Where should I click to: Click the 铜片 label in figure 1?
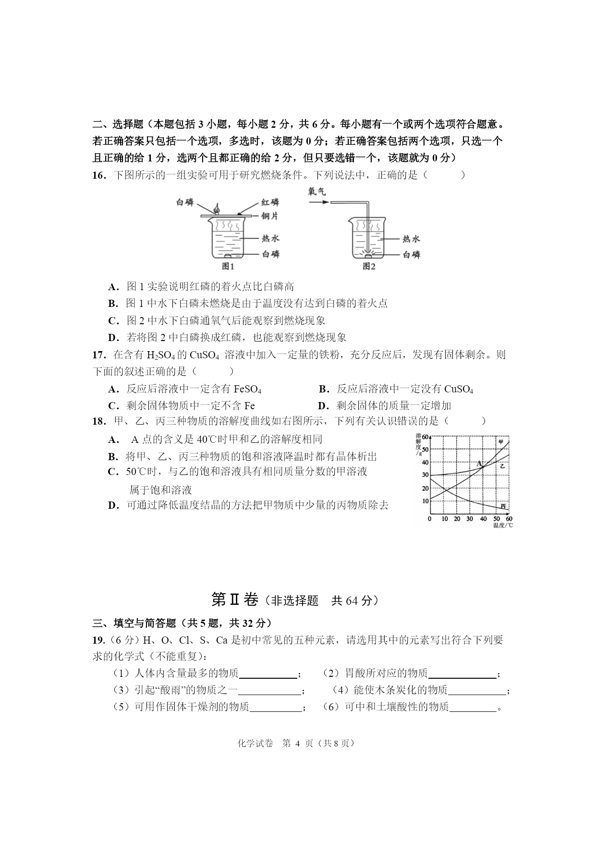point(269,216)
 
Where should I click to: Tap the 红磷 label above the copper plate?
point(270,202)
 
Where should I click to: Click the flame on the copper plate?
point(217,209)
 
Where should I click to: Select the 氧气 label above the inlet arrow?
point(317,191)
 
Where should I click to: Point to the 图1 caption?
point(228,267)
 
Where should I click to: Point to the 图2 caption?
point(369,267)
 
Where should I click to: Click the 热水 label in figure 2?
point(411,239)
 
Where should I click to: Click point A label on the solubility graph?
point(478,464)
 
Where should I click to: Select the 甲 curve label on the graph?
point(501,442)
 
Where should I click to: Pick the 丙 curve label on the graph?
point(503,506)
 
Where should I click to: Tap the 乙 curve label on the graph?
point(502,466)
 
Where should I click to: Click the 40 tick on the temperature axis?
point(483,519)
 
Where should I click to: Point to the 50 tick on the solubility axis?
point(425,450)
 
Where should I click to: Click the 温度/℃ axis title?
point(502,525)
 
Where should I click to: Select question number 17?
point(98,355)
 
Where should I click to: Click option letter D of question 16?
point(113,338)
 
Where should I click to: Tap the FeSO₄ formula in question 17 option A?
point(247,389)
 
